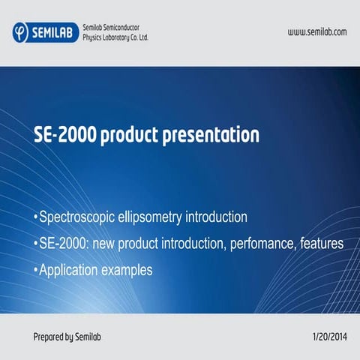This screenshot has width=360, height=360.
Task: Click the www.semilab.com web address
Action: click(x=317, y=31)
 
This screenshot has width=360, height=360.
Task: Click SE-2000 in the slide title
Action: click(x=65, y=136)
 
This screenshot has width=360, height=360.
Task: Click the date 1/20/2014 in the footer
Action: click(x=328, y=337)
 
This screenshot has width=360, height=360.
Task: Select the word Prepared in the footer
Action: click(x=49, y=337)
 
